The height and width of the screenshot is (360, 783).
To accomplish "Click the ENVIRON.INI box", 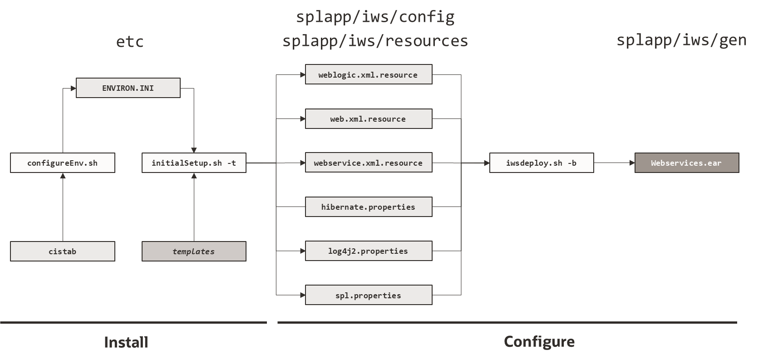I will pos(128,88).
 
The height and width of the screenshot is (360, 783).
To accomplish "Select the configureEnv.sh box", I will pos(63,163).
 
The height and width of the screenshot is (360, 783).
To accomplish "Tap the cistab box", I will pos(63,252).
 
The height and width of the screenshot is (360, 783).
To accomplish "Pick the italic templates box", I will pos(194,252).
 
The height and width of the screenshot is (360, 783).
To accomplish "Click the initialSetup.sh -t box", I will pos(194,163).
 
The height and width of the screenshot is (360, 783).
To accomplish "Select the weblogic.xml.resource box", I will pos(368,74).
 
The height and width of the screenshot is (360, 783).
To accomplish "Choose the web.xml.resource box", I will pos(368,119).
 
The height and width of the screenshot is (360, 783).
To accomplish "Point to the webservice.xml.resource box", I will pos(368,163).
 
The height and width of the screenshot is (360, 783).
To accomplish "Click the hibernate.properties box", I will pos(368,207).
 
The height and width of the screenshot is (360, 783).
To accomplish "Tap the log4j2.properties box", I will pos(368,251).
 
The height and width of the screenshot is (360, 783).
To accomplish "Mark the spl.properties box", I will pos(368,296).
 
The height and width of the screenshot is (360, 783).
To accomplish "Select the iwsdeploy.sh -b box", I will pos(542,163).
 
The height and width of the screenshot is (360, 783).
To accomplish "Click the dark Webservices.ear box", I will pos(686,163).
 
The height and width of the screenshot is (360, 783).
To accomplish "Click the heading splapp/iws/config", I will pos(375,17).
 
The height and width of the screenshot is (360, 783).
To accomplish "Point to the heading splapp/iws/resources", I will pos(375,41).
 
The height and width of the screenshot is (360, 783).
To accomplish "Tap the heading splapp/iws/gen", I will pos(681,40).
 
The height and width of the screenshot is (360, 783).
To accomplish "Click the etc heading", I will pos(130,42).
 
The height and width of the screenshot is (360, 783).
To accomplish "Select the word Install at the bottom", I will pos(126,342).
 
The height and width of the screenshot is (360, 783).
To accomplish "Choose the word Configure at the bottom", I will pos(539,341).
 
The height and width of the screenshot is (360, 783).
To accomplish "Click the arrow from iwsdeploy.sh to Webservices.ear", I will pos(614,163).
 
